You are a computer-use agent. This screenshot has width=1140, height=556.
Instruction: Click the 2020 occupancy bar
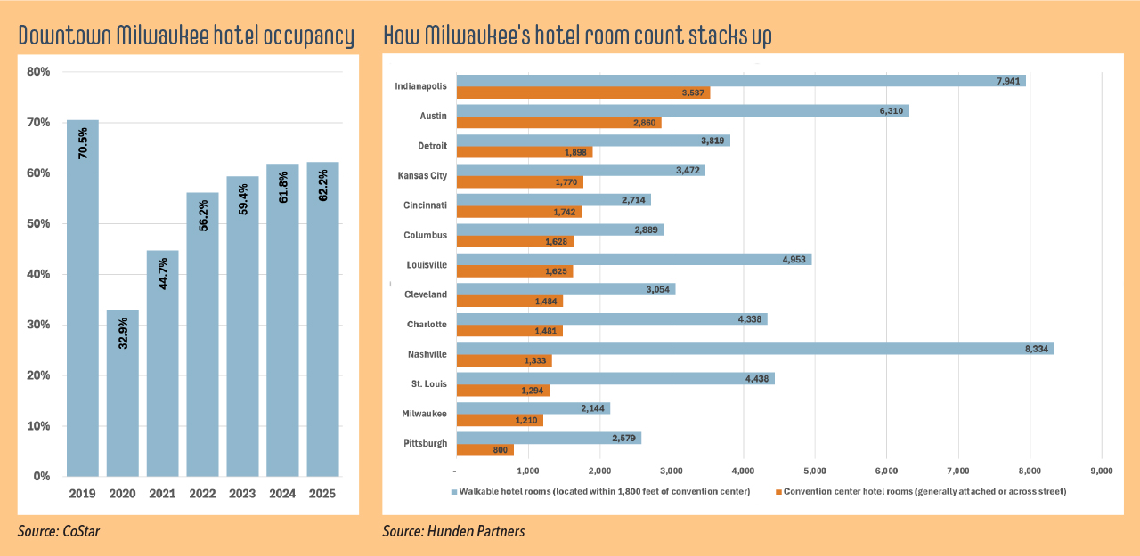click(x=123, y=392)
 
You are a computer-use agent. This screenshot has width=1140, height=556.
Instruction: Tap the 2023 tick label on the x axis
click(x=242, y=492)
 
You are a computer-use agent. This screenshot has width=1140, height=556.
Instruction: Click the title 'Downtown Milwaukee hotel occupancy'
click(x=186, y=36)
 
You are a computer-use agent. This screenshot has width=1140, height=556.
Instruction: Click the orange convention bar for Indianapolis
click(x=582, y=93)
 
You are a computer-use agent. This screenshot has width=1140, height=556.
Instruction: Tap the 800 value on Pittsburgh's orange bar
click(x=500, y=450)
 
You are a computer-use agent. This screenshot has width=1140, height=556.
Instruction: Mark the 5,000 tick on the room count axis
click(x=814, y=470)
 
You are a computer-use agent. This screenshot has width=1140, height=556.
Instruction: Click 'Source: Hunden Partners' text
click(x=453, y=531)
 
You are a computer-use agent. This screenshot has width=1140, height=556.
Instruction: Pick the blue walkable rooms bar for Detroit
click(x=593, y=140)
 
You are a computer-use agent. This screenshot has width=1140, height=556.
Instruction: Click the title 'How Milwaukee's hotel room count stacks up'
click(x=577, y=36)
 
